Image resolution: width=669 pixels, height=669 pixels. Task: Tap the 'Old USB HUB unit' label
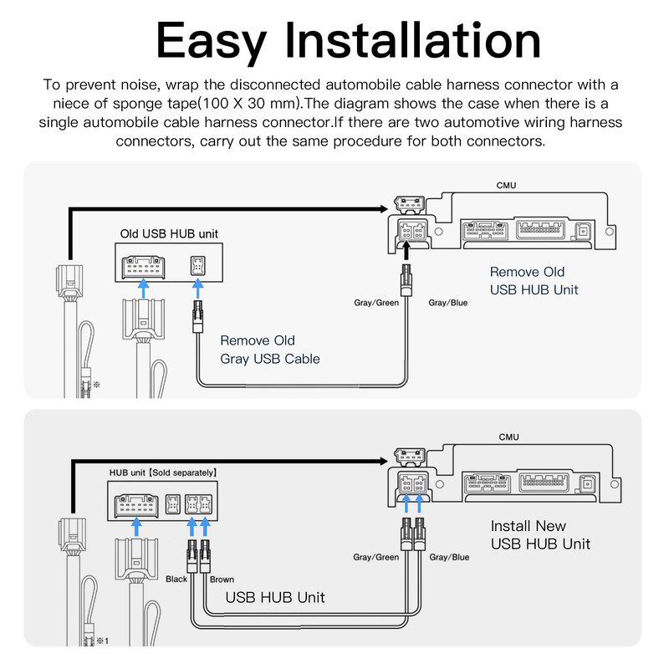[x=170, y=233]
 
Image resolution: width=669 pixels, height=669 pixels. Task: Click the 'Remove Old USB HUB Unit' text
[x=534, y=281]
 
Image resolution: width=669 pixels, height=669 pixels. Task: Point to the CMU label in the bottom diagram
[x=508, y=437]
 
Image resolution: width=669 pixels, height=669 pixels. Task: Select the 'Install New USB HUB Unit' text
[x=540, y=535]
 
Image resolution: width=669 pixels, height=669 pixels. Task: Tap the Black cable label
[x=176, y=579]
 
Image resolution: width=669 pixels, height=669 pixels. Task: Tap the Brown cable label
[x=222, y=579]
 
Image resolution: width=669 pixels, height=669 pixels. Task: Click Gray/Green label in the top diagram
[x=376, y=302]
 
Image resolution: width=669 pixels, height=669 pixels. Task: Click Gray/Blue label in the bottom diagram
[x=449, y=557]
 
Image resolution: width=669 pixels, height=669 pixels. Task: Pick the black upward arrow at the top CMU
[x=407, y=250]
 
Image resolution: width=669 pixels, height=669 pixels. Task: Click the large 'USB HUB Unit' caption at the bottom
[x=275, y=598]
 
